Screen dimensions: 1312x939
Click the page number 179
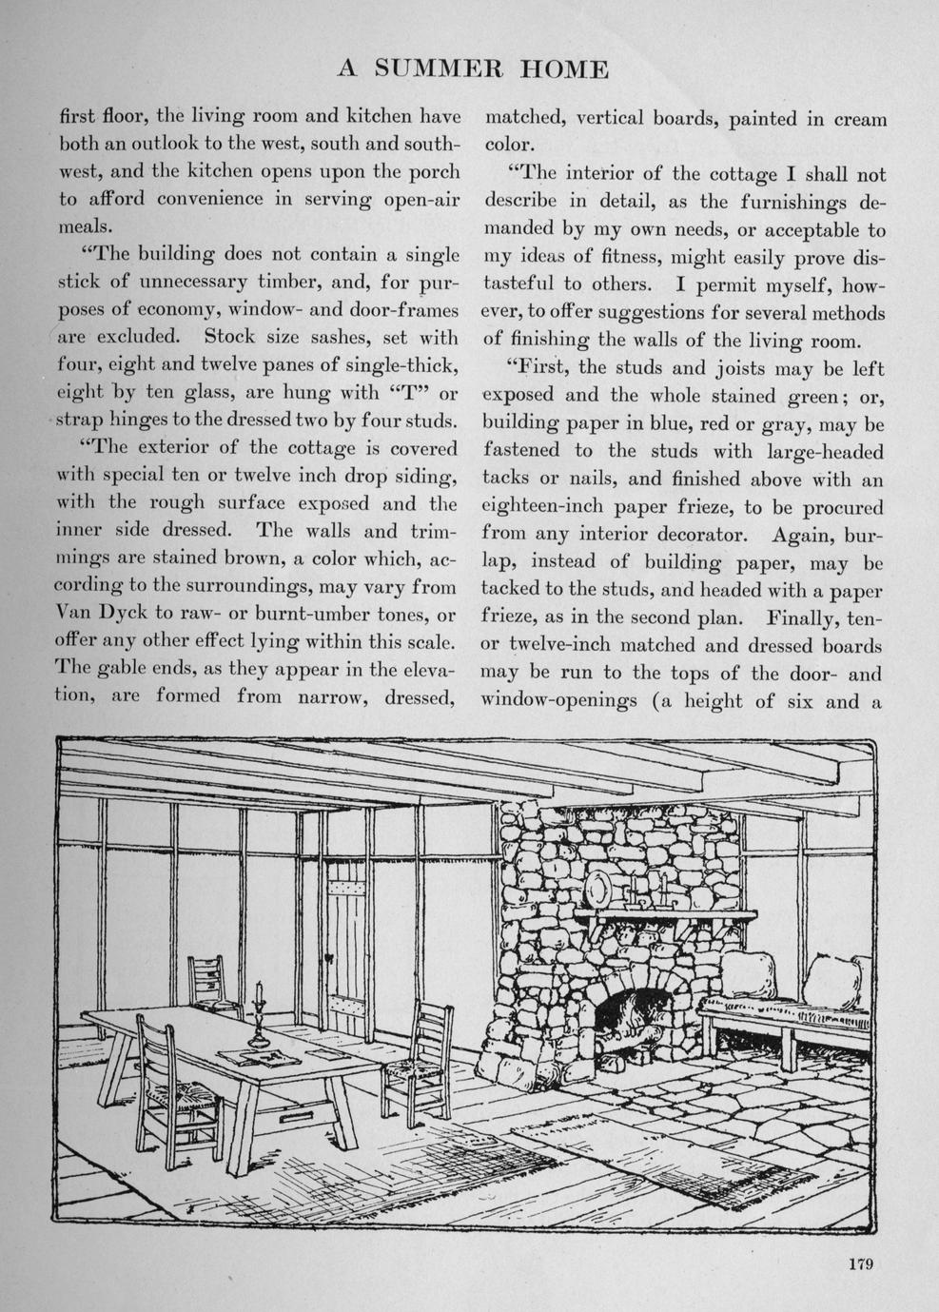859,1264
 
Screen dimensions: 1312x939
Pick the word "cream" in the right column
860,120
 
